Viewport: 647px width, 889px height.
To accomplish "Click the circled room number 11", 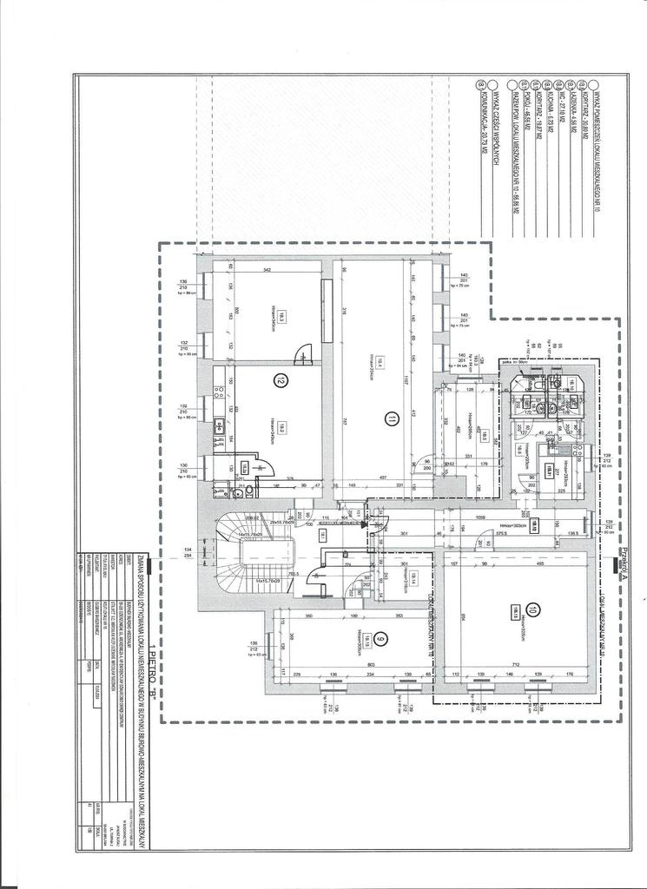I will tap(392, 418).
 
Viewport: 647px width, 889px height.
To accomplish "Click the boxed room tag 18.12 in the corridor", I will tap(535, 526).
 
